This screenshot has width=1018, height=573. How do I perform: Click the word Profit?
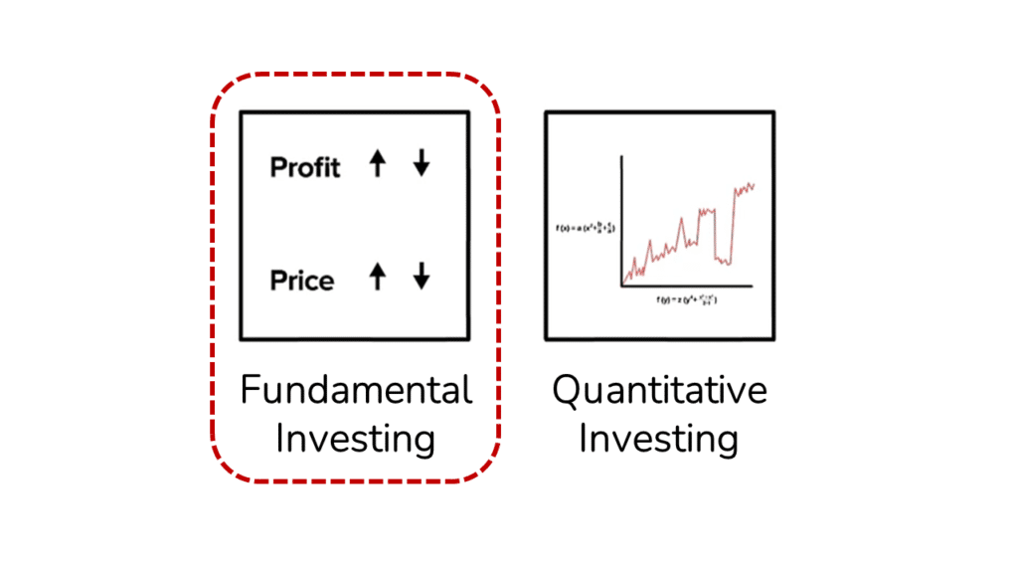[304, 167]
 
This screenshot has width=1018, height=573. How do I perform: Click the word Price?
[302, 281]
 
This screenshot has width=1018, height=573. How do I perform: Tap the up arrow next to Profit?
[377, 165]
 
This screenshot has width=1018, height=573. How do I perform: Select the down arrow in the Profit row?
[422, 165]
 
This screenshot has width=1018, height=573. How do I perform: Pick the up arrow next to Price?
[377, 278]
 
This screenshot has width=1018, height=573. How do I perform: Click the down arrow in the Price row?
[422, 278]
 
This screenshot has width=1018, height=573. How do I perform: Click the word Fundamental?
[356, 390]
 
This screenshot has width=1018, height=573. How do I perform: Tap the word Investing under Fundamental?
[356, 438]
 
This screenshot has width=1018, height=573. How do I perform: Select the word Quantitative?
[659, 390]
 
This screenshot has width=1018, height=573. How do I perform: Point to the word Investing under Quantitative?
[659, 438]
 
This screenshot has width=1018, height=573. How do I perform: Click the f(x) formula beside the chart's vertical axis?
[587, 229]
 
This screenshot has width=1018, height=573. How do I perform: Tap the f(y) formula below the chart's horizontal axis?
[687, 298]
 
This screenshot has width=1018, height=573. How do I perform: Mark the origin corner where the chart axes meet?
[622, 286]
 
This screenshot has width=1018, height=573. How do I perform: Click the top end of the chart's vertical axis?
[622, 156]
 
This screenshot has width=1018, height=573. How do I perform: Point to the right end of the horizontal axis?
[753, 286]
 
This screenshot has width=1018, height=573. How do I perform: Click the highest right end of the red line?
[755, 183]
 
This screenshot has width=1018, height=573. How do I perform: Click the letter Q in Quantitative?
[566, 390]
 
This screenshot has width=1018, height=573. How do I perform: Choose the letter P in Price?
[277, 281]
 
